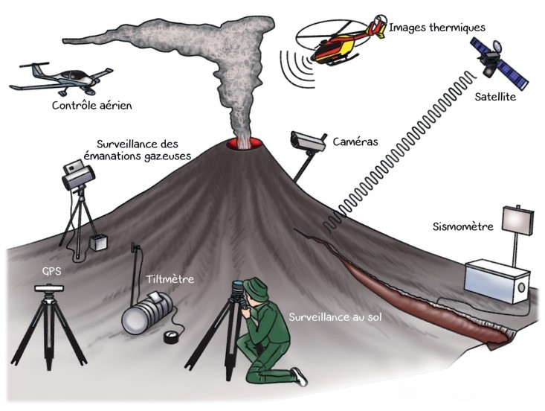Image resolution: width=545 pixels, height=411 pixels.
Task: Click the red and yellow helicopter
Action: click(338, 45)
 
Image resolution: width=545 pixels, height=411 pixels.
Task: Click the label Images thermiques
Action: click(437, 28)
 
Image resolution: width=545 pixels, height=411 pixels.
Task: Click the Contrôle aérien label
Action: click(91, 106)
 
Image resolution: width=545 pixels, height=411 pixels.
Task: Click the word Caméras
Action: click(355, 141)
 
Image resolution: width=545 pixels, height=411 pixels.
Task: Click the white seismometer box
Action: click(497, 278)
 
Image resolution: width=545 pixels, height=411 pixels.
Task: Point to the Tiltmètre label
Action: click(170, 279)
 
